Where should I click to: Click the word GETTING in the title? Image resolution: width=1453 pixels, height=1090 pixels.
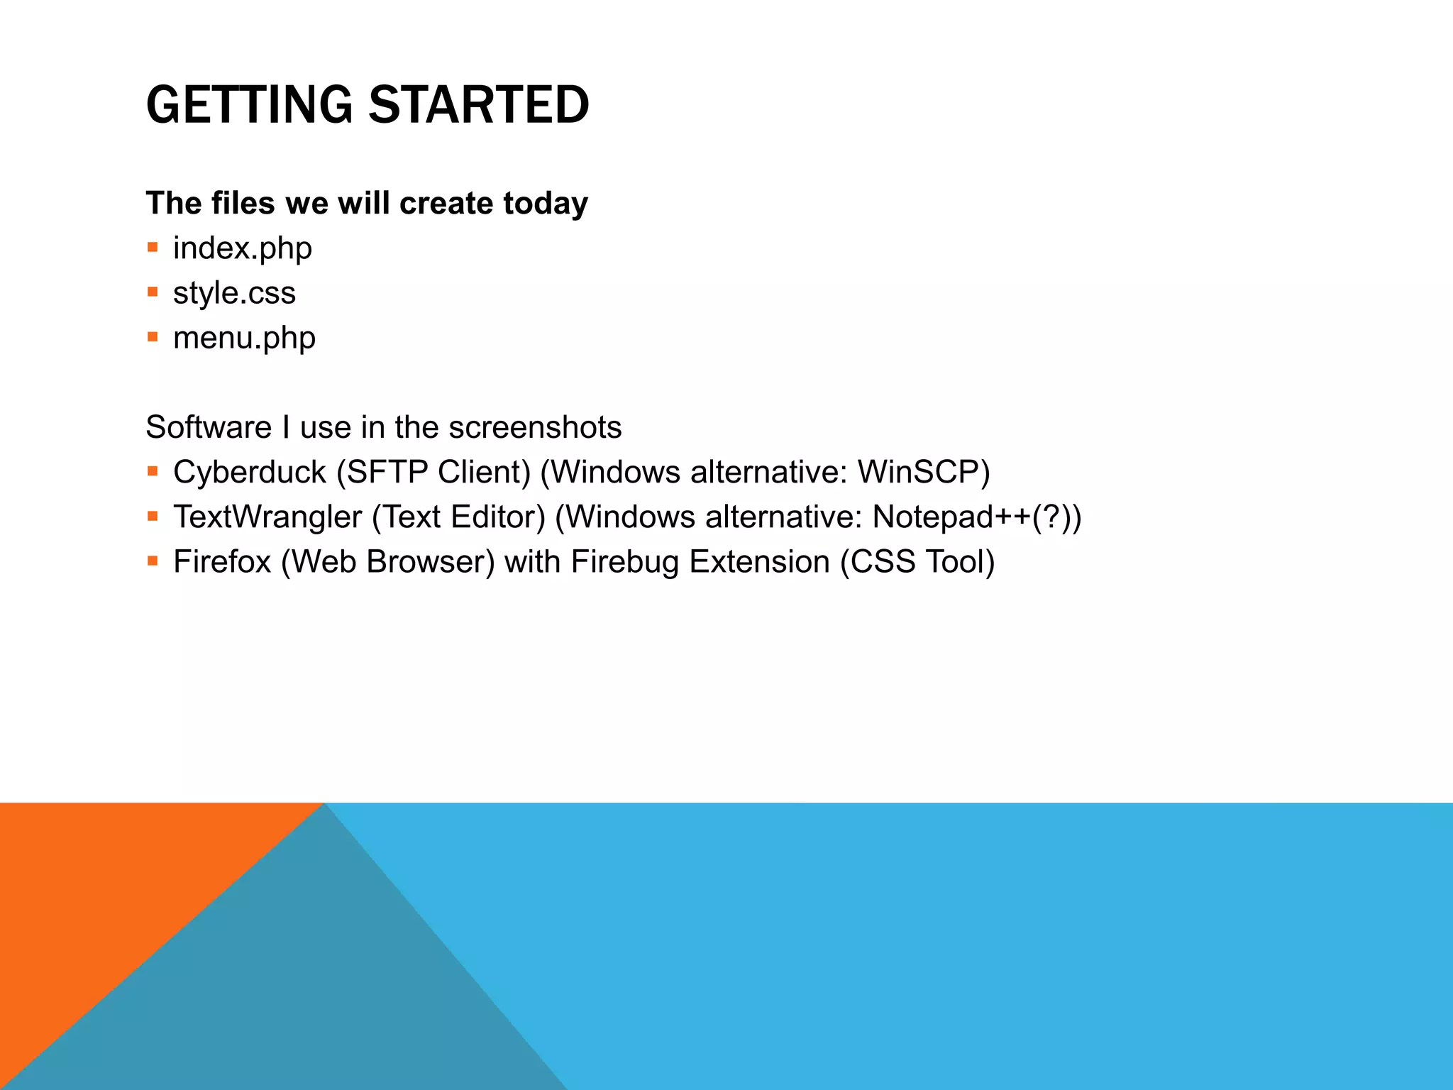point(249,105)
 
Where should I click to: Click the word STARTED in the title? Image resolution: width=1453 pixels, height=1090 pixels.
point(479,105)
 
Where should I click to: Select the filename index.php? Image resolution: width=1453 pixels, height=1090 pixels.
point(243,248)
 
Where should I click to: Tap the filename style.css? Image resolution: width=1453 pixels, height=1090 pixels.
point(234,293)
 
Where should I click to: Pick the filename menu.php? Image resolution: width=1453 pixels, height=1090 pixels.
point(244,338)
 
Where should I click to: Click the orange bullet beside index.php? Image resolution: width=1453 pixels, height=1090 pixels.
point(153,248)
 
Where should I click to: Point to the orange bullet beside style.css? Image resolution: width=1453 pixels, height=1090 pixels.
point(153,292)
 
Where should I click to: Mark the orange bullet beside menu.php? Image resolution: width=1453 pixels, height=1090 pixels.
point(153,337)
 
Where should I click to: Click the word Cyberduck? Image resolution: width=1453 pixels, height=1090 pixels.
point(249,473)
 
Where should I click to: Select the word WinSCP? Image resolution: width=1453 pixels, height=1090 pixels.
point(923,473)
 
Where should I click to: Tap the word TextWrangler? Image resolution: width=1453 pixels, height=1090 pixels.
point(267,517)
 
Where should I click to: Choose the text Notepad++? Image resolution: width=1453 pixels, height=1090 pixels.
point(951,517)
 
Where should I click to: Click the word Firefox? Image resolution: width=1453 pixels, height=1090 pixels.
point(222,562)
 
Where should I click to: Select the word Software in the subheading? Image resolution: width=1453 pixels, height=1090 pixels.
point(209,428)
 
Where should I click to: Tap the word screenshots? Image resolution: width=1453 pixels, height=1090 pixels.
point(535,428)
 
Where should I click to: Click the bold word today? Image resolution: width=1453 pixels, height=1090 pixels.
point(546,204)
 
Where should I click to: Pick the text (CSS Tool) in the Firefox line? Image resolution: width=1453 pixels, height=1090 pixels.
point(917,562)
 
